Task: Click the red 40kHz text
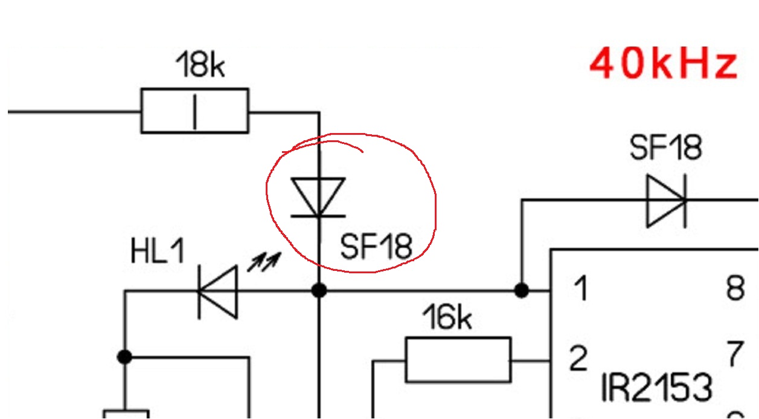[x=664, y=64]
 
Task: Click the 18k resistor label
[x=200, y=65]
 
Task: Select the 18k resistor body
[x=194, y=111]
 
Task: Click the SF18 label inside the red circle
[x=376, y=247]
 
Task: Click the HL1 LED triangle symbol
[x=218, y=292]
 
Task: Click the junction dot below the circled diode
[x=319, y=291]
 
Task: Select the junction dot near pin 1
[x=522, y=291]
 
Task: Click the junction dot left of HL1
[x=124, y=357]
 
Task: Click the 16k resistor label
[x=447, y=317]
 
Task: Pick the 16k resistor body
[x=458, y=360]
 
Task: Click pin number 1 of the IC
[x=580, y=289]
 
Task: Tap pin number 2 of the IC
[x=578, y=359]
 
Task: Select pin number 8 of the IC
[x=735, y=289]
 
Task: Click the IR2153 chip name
[x=656, y=387]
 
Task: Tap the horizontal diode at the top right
[x=666, y=201]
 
